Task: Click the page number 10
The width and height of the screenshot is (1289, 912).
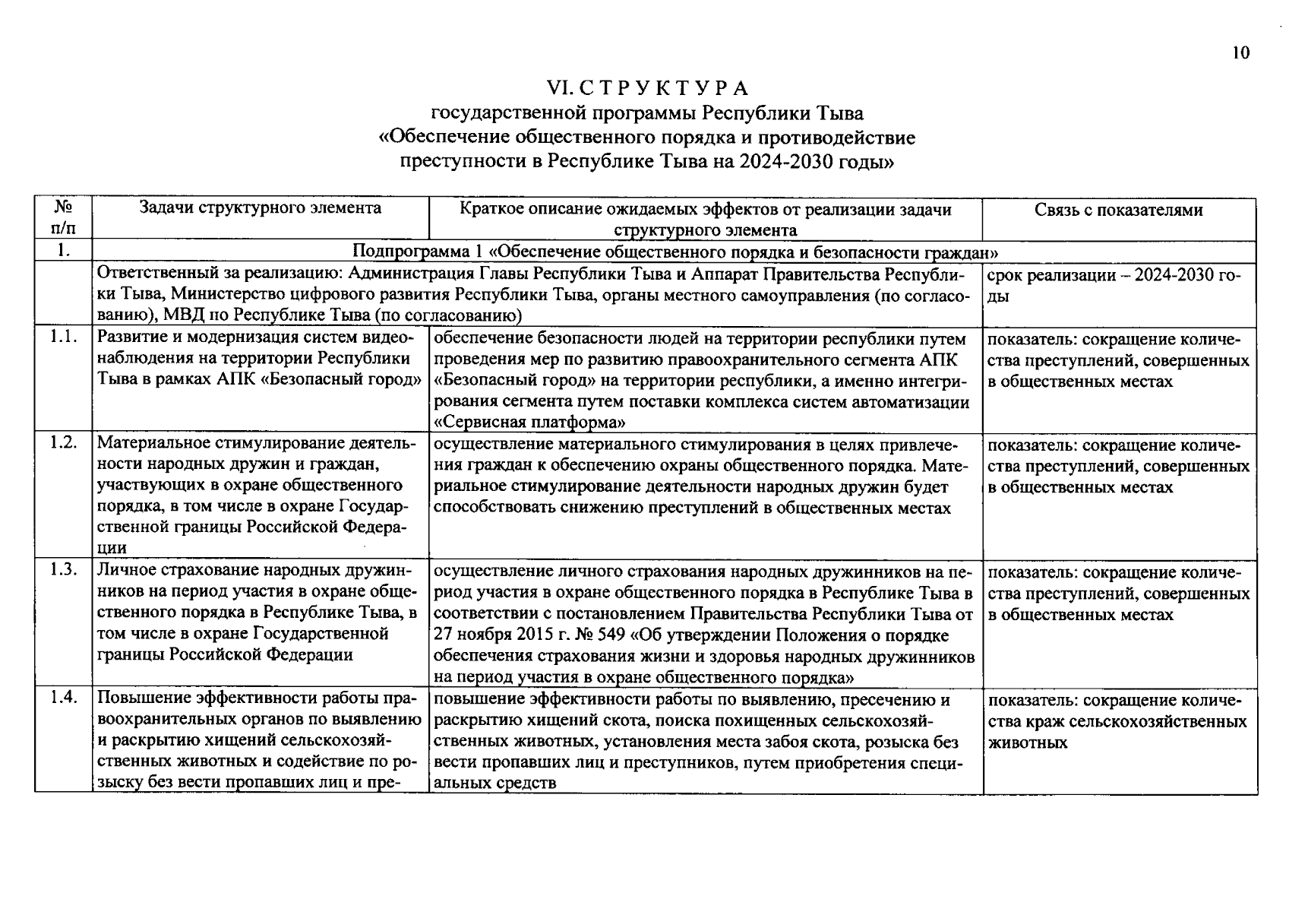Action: tap(1240, 53)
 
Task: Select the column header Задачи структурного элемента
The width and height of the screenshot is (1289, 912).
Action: tap(261, 209)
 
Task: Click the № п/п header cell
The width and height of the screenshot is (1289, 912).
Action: tap(64, 218)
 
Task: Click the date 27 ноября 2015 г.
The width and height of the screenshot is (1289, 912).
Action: tap(497, 635)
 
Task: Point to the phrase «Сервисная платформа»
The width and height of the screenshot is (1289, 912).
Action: tap(530, 423)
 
